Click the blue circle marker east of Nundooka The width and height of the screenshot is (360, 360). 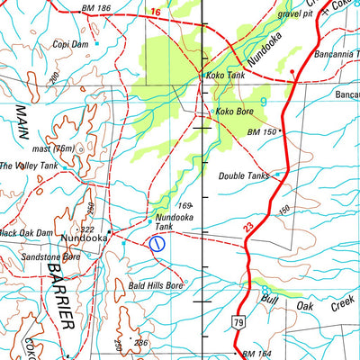pyautogui.click(x=157, y=242)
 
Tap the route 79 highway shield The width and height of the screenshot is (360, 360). pyautogui.click(x=238, y=321)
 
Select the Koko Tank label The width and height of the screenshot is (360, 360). pyautogui.click(x=225, y=76)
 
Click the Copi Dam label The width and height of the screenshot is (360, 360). pyautogui.click(x=71, y=43)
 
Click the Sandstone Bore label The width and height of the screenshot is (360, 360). pyautogui.click(x=50, y=256)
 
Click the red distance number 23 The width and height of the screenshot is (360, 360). pyautogui.click(x=247, y=229)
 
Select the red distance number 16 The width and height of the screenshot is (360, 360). pyautogui.click(x=156, y=12)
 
